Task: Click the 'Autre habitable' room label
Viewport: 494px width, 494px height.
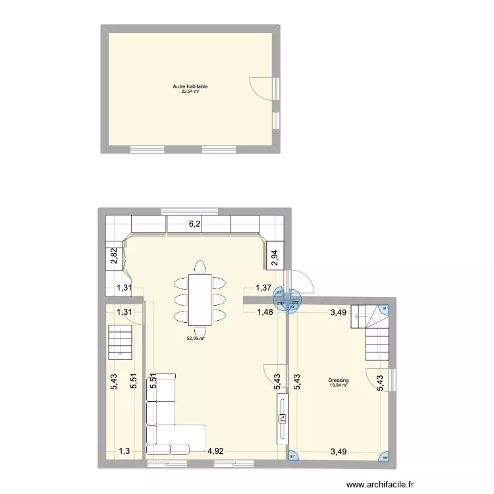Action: click(190, 86)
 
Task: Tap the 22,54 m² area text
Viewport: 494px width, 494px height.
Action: click(190, 92)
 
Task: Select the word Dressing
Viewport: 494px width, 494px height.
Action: click(338, 381)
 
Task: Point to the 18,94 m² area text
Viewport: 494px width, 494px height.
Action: click(338, 385)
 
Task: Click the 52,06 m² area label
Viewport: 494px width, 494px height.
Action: click(196, 338)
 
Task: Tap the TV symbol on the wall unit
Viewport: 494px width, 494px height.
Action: click(283, 417)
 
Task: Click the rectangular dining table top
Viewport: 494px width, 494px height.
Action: click(200, 299)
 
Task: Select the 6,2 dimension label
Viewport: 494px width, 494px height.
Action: click(195, 224)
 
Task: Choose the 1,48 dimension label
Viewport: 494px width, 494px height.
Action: click(265, 312)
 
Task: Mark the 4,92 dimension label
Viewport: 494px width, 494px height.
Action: click(216, 451)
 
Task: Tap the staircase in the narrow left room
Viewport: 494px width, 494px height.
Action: click(121, 341)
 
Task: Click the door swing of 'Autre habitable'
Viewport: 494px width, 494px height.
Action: click(262, 88)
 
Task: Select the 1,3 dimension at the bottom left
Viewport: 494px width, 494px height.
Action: click(124, 451)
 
